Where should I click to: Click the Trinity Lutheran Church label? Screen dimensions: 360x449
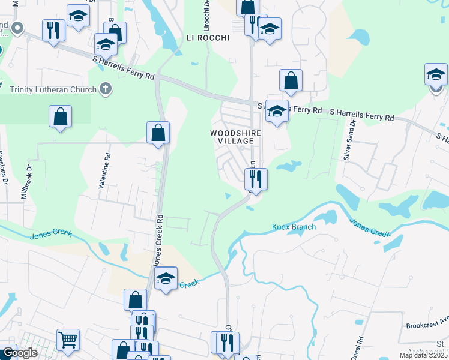pyautogui.click(x=53, y=90)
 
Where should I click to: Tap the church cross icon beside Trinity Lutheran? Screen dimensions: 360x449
pyautogui.click(x=105, y=89)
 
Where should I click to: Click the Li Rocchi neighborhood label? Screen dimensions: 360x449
pyautogui.click(x=208, y=38)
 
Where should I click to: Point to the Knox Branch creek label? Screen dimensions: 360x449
pyautogui.click(x=294, y=227)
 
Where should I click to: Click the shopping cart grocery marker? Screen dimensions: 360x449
pyautogui.click(x=68, y=339)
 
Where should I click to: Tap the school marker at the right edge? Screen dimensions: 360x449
pyautogui.click(x=436, y=74)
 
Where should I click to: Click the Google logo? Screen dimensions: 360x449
pyautogui.click(x=19, y=353)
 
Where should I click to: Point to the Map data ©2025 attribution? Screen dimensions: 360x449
pyautogui.click(x=421, y=356)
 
